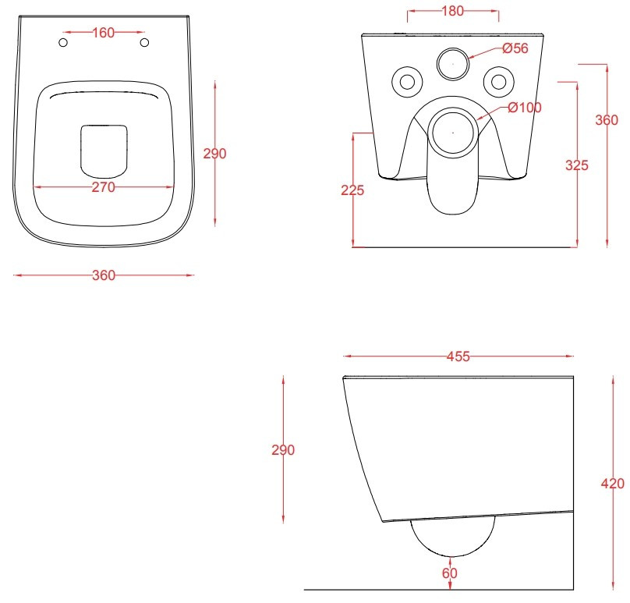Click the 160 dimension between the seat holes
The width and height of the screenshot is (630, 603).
click(x=104, y=33)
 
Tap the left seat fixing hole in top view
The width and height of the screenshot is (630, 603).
click(x=63, y=42)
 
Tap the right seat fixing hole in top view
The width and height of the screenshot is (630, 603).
click(x=145, y=42)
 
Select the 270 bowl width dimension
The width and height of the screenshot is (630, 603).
click(x=103, y=187)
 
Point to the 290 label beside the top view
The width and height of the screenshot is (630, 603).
click(x=214, y=154)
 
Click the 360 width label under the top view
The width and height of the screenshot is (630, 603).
click(x=104, y=275)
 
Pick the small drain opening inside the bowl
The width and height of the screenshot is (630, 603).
click(x=104, y=151)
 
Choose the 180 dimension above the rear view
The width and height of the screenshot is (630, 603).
click(x=453, y=11)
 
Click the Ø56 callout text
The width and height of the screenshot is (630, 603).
click(x=515, y=48)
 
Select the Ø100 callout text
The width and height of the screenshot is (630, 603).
click(x=525, y=108)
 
